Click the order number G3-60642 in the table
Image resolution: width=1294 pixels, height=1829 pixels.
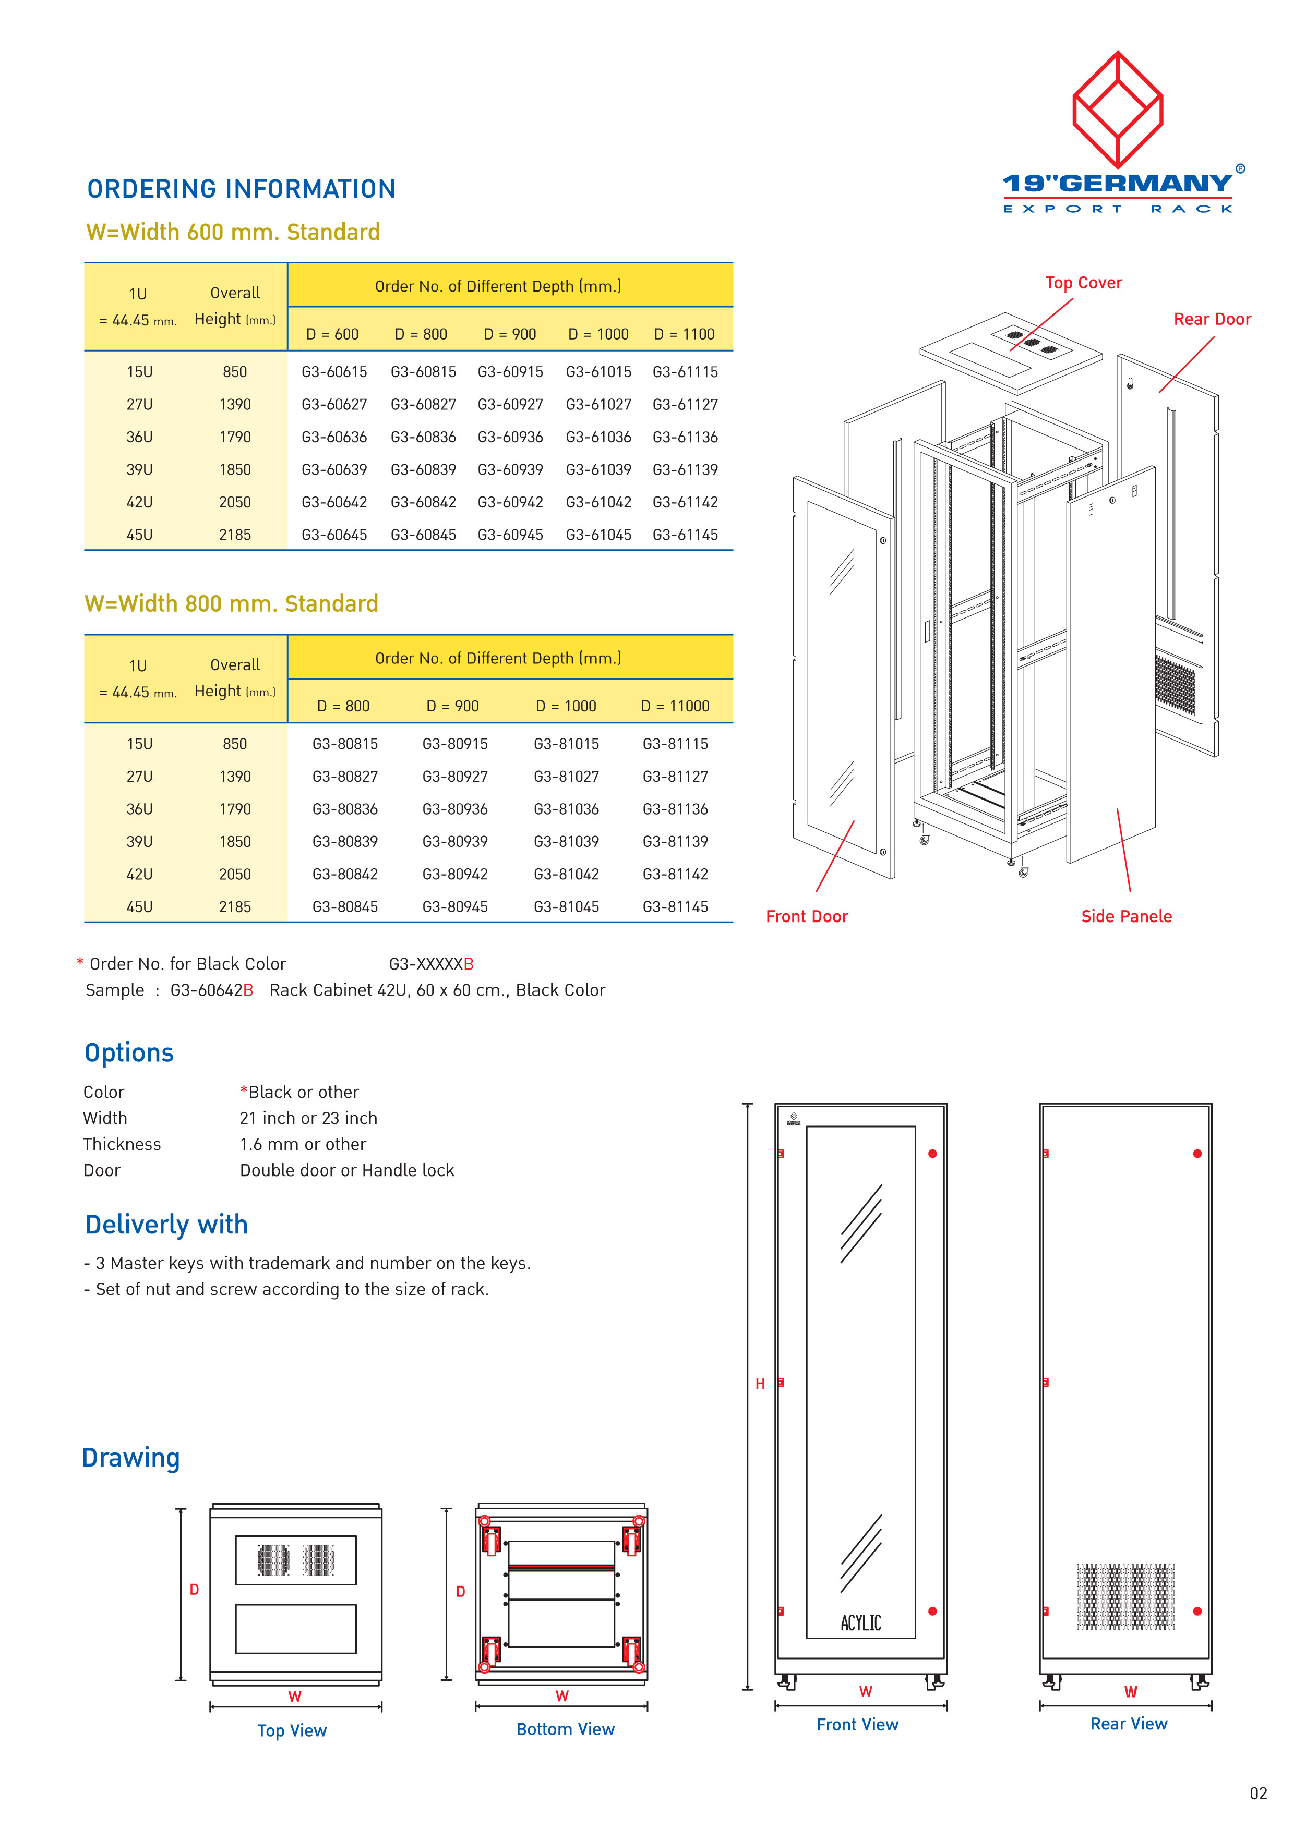point(334,502)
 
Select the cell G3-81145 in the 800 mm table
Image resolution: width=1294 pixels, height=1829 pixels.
point(675,906)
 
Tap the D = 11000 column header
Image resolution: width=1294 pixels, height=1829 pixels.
point(675,706)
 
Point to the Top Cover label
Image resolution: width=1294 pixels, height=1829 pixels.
point(1083,283)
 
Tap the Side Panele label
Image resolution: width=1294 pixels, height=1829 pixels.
point(1126,916)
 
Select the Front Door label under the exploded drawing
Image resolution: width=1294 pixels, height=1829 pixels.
point(806,916)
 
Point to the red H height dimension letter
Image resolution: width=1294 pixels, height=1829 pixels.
point(760,1384)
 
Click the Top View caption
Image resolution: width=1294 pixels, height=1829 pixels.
point(292,1730)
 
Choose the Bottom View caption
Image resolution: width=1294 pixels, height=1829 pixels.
point(565,1729)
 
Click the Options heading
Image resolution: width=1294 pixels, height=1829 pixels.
point(129,1052)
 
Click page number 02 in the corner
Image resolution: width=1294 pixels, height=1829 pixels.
point(1258,1793)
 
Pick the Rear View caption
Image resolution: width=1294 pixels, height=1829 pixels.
point(1128,1724)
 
